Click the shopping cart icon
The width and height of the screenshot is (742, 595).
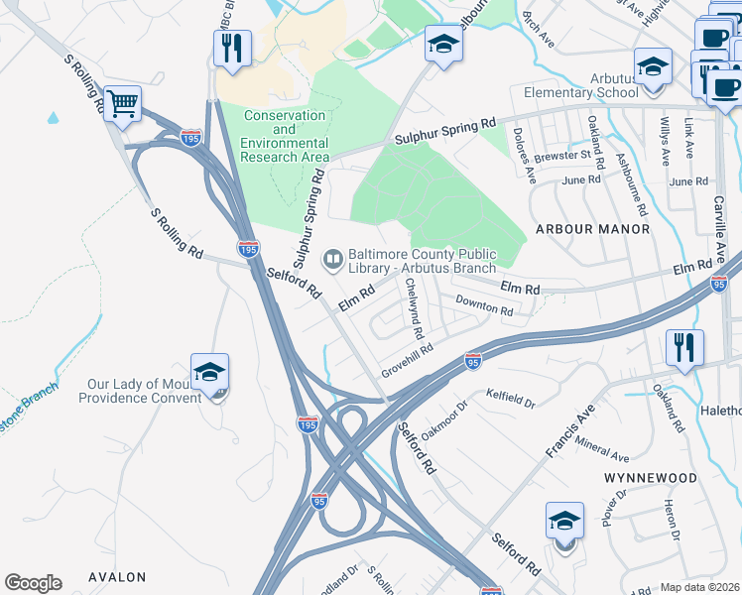coord(122,103)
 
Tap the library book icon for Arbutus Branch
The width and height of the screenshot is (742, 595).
coord(332,261)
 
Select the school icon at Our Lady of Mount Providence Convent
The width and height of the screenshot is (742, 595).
coord(209,373)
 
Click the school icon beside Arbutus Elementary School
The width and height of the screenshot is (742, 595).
coord(652,67)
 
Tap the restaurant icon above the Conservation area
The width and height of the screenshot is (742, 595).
coord(232,48)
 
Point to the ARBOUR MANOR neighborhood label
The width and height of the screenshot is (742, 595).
coord(592,229)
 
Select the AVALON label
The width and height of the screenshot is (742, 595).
coord(117,577)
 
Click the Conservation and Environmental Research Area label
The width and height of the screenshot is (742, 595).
coord(286,137)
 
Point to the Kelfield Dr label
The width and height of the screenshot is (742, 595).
coord(511,400)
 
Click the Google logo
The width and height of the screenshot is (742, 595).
coord(33,583)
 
